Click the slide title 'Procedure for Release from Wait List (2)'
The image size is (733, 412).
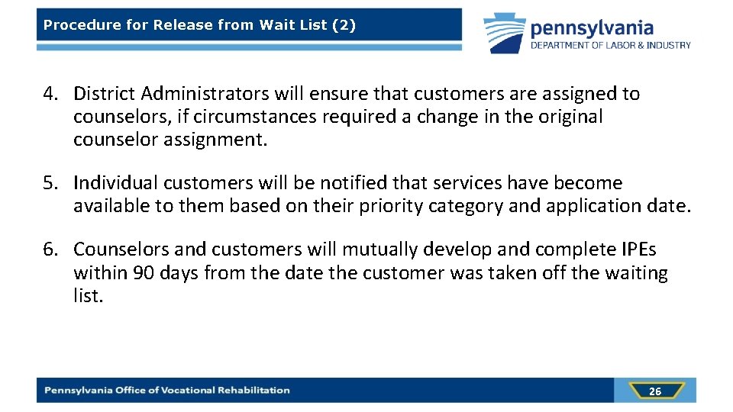[199, 24]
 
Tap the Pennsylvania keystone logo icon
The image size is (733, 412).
[504, 33]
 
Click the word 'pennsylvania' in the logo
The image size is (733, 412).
[592, 28]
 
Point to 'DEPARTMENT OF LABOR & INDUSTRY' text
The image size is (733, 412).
[611, 46]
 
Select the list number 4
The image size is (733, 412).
[50, 94]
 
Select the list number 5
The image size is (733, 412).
[50, 183]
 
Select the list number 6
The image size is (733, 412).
[50, 250]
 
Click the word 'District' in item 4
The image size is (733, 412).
[105, 94]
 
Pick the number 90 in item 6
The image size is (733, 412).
[144, 273]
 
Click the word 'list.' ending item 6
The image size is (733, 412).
[88, 295]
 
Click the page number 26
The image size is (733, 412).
[655, 391]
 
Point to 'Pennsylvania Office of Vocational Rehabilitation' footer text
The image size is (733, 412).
[167, 391]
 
